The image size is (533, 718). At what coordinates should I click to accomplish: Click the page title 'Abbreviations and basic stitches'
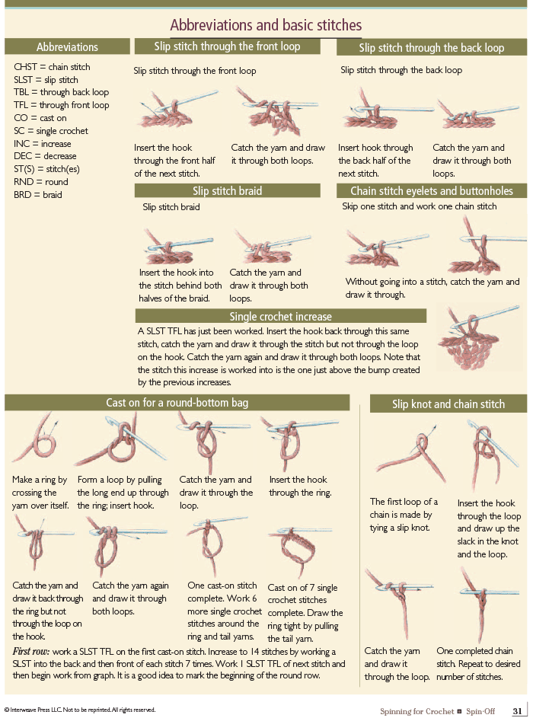[x=266, y=24]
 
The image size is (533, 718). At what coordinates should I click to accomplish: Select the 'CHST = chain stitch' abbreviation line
[x=52, y=67]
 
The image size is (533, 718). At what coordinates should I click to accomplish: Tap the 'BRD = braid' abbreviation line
[x=37, y=195]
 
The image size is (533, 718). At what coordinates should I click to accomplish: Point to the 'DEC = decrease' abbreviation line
[x=45, y=156]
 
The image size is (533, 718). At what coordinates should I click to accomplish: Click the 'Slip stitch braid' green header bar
[x=227, y=190]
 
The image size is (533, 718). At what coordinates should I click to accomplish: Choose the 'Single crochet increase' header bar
[x=281, y=316]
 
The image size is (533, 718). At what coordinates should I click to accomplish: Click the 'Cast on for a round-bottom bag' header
[x=177, y=403]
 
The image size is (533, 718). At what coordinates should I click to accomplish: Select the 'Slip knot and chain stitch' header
[x=448, y=404]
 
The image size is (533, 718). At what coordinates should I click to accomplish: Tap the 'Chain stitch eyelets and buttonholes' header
[x=432, y=190]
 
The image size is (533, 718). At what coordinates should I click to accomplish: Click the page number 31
[x=518, y=711]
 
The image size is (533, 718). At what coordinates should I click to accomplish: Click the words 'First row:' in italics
[x=30, y=651]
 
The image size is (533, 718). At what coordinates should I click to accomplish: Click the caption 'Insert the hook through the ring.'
[x=300, y=487]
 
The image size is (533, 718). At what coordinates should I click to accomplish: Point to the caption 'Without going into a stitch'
[x=432, y=288]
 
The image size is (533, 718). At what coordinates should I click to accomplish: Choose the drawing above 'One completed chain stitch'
[x=483, y=605]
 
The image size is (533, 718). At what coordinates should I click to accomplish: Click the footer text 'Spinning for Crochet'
[x=417, y=711]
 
